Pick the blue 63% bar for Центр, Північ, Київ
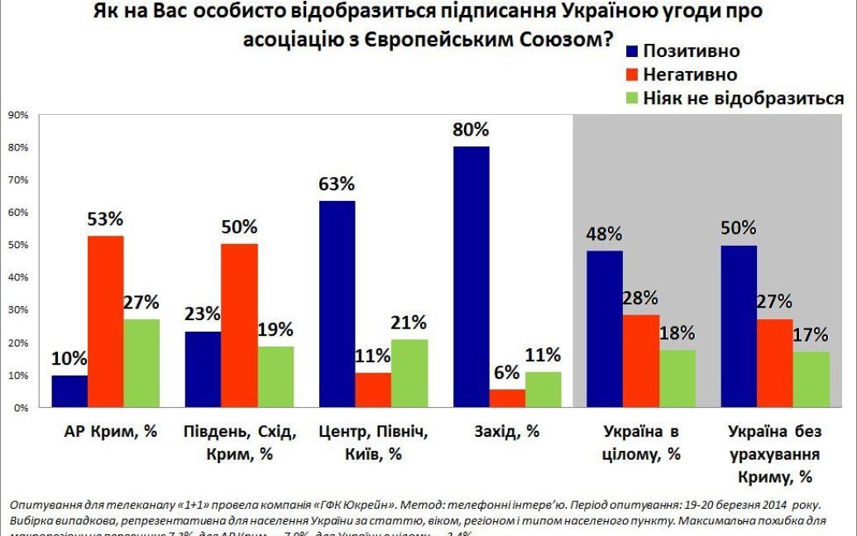click(337, 304)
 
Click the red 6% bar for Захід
click(506, 399)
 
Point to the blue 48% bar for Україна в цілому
click(605, 328)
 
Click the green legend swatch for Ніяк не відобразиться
click(632, 98)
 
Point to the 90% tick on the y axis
click(18, 115)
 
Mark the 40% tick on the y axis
click(18, 278)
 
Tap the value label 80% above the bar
click(471, 130)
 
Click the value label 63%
click(337, 184)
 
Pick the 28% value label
click(640, 298)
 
